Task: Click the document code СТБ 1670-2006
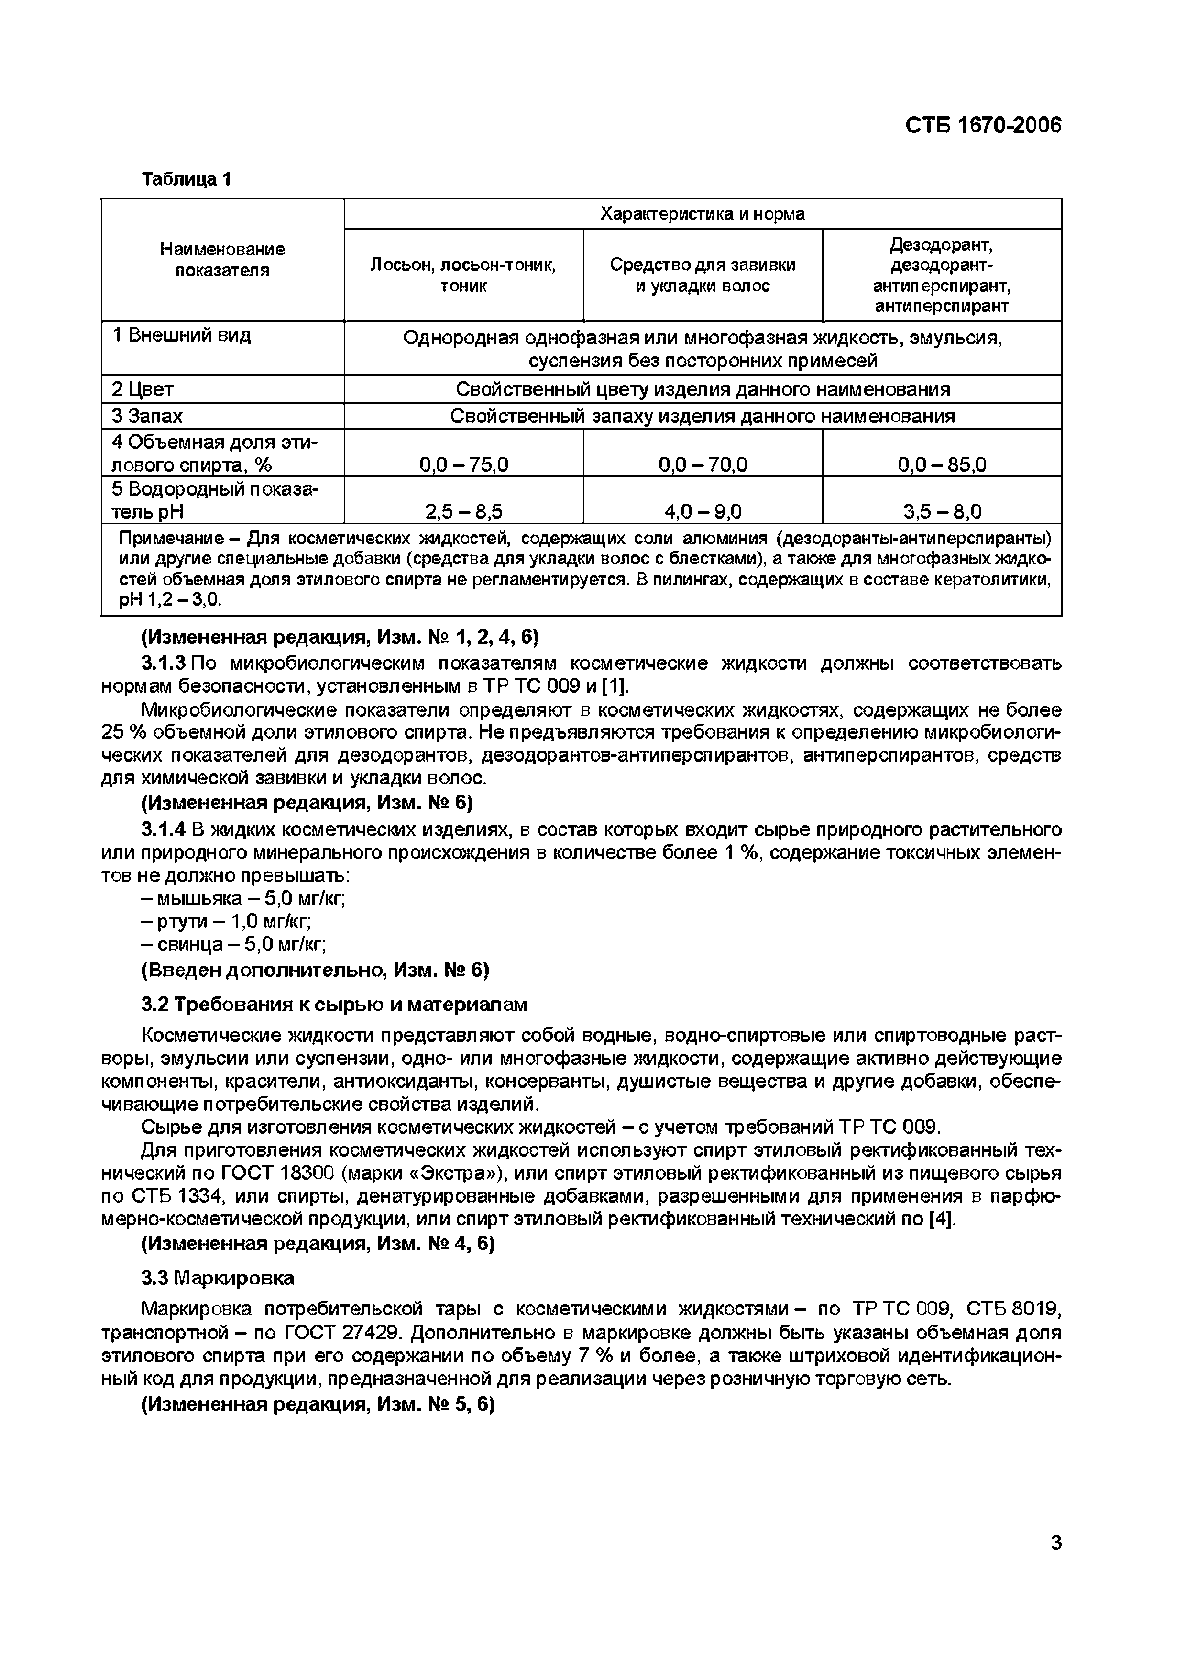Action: click(x=982, y=126)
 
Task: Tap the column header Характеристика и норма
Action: click(x=702, y=214)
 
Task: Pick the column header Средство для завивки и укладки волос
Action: click(x=702, y=275)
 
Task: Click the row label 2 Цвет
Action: click(x=143, y=389)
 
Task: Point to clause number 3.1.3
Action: click(x=164, y=663)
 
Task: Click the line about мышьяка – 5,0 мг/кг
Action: click(x=243, y=898)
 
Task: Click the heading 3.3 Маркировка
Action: click(x=217, y=1278)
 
